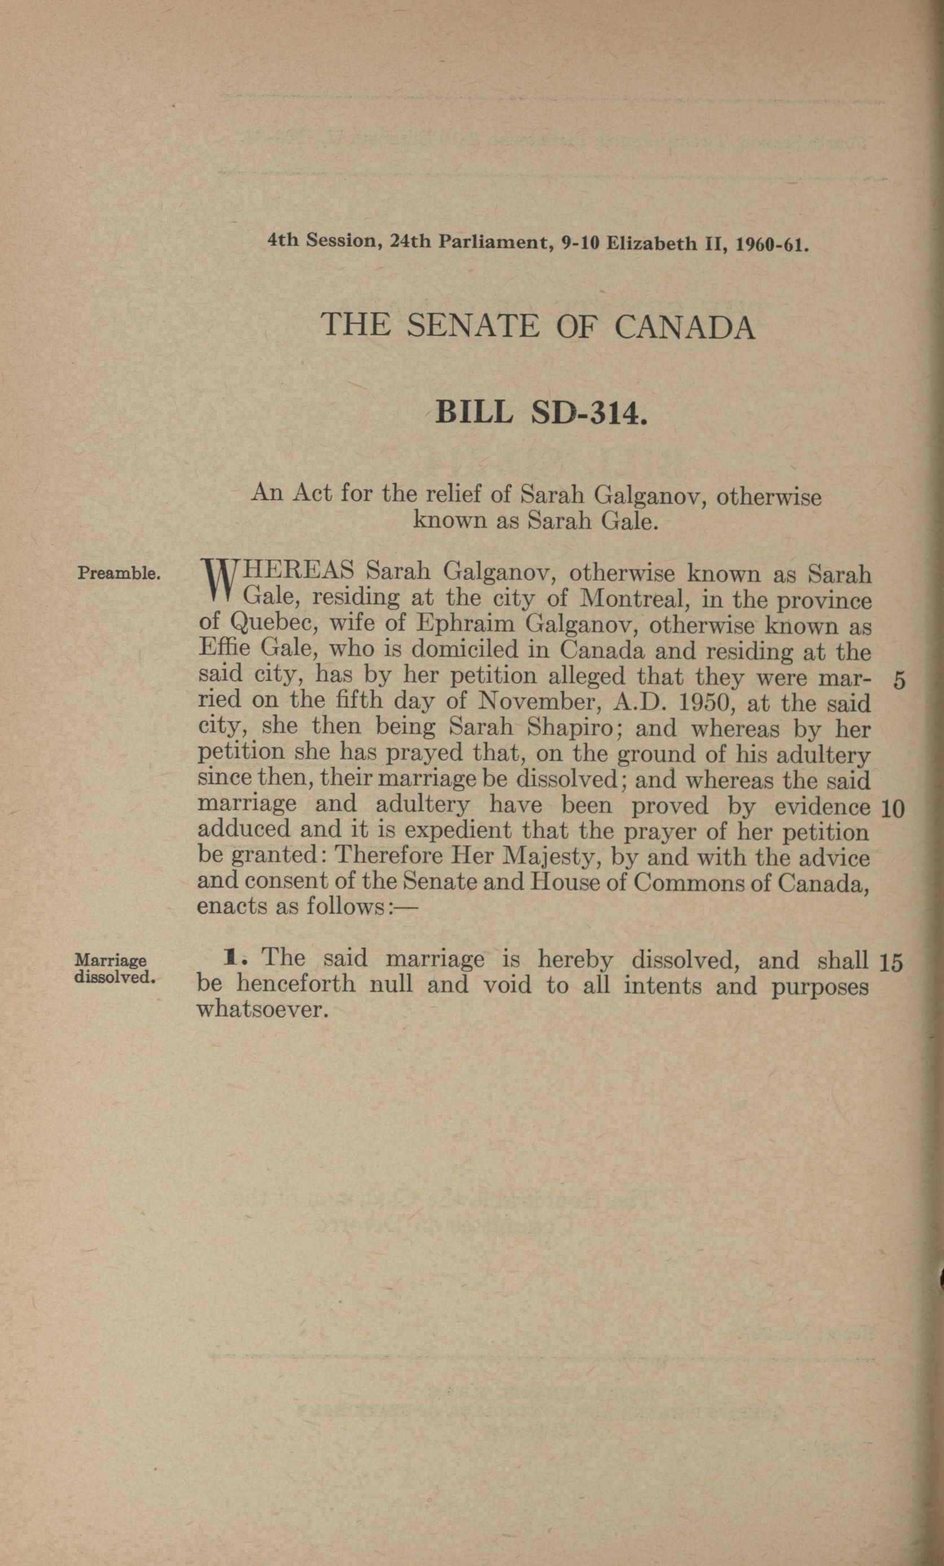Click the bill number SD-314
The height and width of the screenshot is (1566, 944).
(x=588, y=413)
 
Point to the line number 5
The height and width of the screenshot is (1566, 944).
(x=898, y=681)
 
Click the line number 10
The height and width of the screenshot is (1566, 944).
(x=893, y=808)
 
